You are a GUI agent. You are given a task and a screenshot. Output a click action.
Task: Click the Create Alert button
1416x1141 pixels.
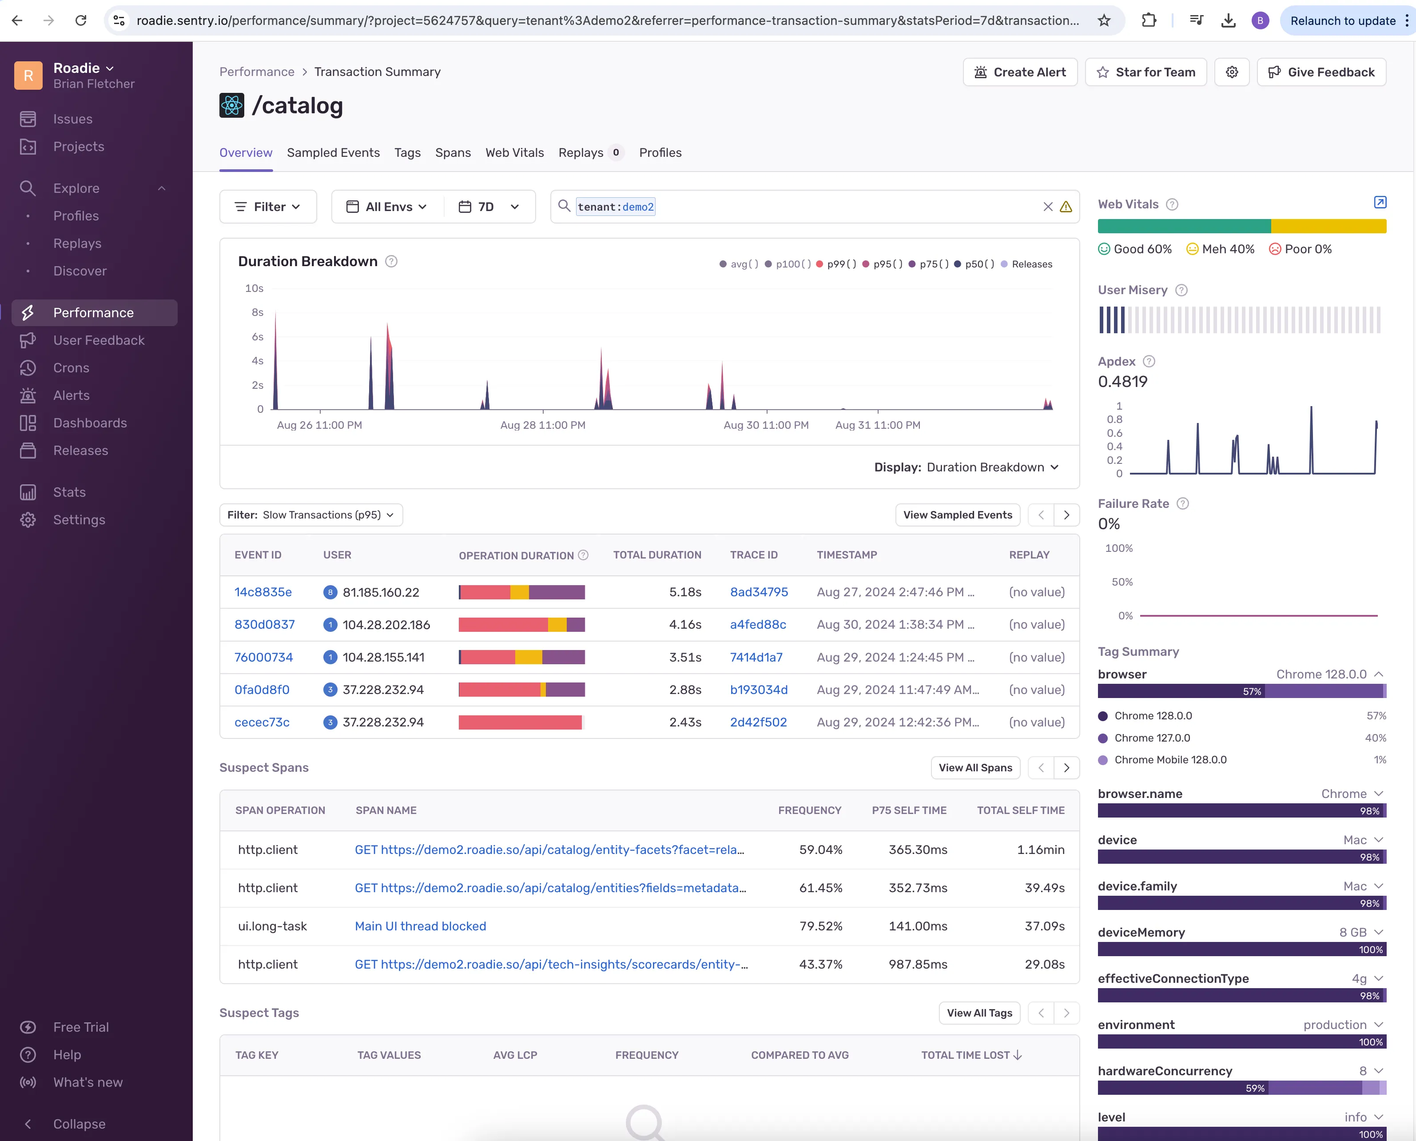click(1020, 72)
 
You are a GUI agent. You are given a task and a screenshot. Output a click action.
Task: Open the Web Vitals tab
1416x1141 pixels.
click(514, 152)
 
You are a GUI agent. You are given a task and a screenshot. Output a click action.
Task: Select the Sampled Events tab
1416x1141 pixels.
click(333, 152)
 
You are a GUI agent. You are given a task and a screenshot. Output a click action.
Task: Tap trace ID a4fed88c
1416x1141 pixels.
click(758, 624)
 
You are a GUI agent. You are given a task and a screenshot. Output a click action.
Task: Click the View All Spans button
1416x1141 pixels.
click(975, 768)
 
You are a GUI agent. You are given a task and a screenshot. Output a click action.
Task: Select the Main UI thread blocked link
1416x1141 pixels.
click(421, 926)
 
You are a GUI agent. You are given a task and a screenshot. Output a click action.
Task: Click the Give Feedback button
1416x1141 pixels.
click(1321, 72)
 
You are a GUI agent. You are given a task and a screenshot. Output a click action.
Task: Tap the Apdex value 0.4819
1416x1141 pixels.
click(1122, 382)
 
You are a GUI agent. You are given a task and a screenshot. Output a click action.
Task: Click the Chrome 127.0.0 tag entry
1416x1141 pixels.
click(1152, 738)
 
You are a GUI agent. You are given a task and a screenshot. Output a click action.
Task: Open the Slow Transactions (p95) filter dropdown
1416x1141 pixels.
click(311, 515)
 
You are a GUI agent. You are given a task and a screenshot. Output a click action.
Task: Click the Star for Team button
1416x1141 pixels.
click(1146, 72)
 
